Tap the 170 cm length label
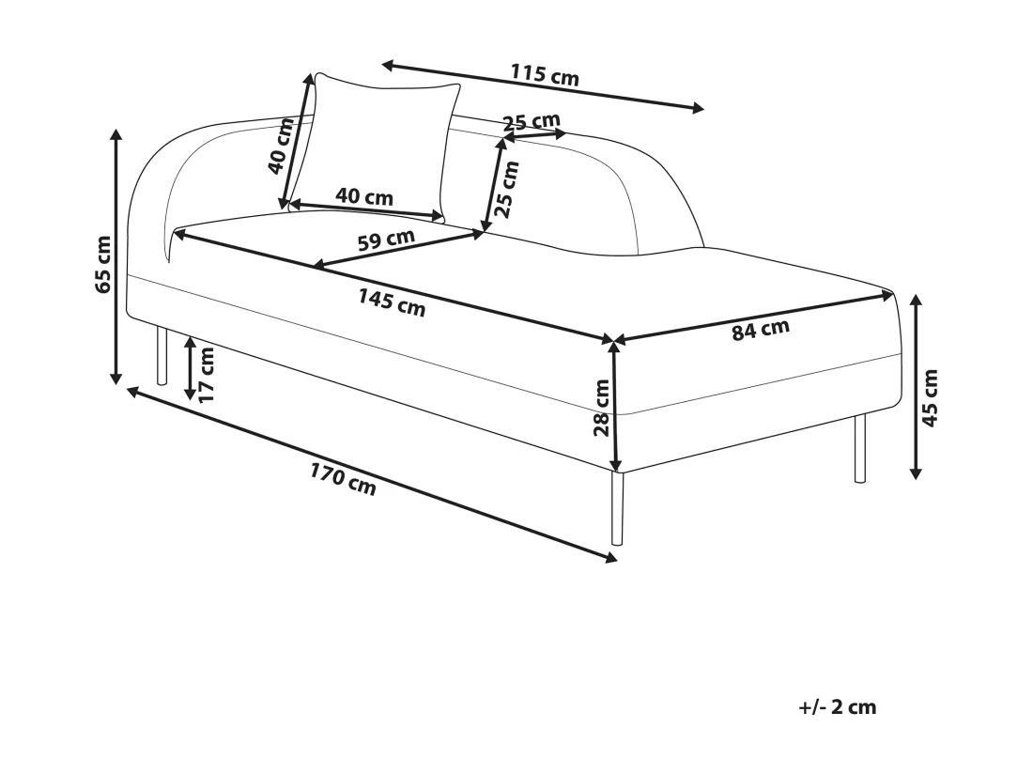[343, 479]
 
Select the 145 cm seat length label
[392, 302]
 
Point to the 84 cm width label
[761, 330]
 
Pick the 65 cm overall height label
[102, 264]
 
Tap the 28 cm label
[601, 408]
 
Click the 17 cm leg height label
[207, 375]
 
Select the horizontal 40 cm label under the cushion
[364, 196]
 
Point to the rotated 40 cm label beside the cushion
[282, 146]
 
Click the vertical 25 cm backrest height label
[506, 189]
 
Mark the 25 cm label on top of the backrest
[532, 122]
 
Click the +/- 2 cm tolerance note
[838, 707]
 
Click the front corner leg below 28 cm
[617, 508]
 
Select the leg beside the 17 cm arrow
[162, 356]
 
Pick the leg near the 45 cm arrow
[860, 449]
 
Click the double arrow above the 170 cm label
[372, 474]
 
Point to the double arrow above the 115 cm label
[544, 86]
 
